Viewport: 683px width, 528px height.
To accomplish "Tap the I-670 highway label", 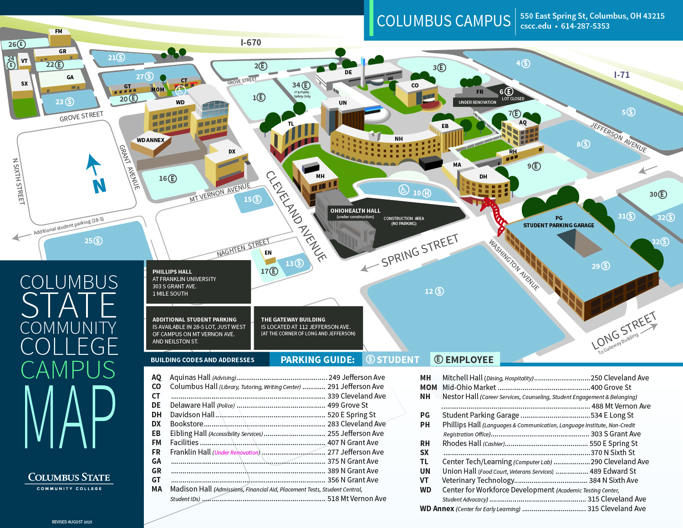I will pyautogui.click(x=250, y=42).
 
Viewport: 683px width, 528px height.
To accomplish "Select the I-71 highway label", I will pyautogui.click(x=622, y=75).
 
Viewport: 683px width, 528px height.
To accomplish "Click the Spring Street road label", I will pyautogui.click(x=419, y=251).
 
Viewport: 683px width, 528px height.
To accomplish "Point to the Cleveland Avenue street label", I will pyautogui.click(x=296, y=216).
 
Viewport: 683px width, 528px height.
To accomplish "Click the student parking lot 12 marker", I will pyautogui.click(x=434, y=291).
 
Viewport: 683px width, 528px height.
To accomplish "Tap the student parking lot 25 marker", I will pyautogui.click(x=93, y=241).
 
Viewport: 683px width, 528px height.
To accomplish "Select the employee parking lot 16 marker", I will pyautogui.click(x=168, y=179).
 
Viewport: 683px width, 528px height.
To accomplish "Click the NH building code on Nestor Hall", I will pyautogui.click(x=399, y=138).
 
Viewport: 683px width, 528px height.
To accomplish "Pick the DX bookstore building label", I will pyautogui.click(x=232, y=152).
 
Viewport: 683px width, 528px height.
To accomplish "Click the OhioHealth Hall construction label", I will pyautogui.click(x=355, y=211).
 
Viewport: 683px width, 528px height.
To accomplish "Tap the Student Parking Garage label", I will pyautogui.click(x=559, y=225).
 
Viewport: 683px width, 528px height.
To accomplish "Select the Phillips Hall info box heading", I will pyautogui.click(x=172, y=272).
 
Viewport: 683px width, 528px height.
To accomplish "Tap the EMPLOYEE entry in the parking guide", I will pyautogui.click(x=464, y=359).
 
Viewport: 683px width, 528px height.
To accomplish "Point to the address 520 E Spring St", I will pyautogui.click(x=352, y=415).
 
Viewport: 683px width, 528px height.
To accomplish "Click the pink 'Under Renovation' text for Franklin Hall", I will pyautogui.click(x=236, y=452).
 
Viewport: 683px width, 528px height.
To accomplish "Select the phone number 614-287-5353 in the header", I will pyautogui.click(x=585, y=26).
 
